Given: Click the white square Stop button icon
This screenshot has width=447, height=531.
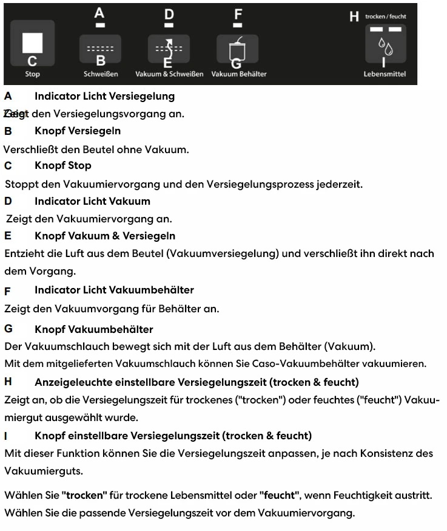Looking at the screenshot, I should pos(32,43).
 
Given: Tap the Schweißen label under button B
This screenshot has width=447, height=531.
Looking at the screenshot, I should pos(101,74).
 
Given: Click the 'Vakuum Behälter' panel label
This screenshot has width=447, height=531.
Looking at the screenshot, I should pos(239,74).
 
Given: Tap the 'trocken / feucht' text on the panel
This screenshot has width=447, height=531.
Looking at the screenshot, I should pos(386,16).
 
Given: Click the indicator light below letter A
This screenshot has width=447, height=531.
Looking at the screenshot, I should pos(101,26).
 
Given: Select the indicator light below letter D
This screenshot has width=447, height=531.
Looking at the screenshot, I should pos(169,26).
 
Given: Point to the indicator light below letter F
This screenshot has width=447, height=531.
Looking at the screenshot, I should pos(238,26).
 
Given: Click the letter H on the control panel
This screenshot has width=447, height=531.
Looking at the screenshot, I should pos(354,17).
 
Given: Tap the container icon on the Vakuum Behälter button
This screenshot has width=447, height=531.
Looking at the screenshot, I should pos(237,46).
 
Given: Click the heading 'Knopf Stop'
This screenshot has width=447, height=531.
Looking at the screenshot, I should pos(63,165).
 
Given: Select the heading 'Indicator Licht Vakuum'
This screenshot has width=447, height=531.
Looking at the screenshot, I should pos(92,200).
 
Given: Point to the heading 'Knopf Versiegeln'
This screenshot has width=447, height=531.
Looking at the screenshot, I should pos(78,131).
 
